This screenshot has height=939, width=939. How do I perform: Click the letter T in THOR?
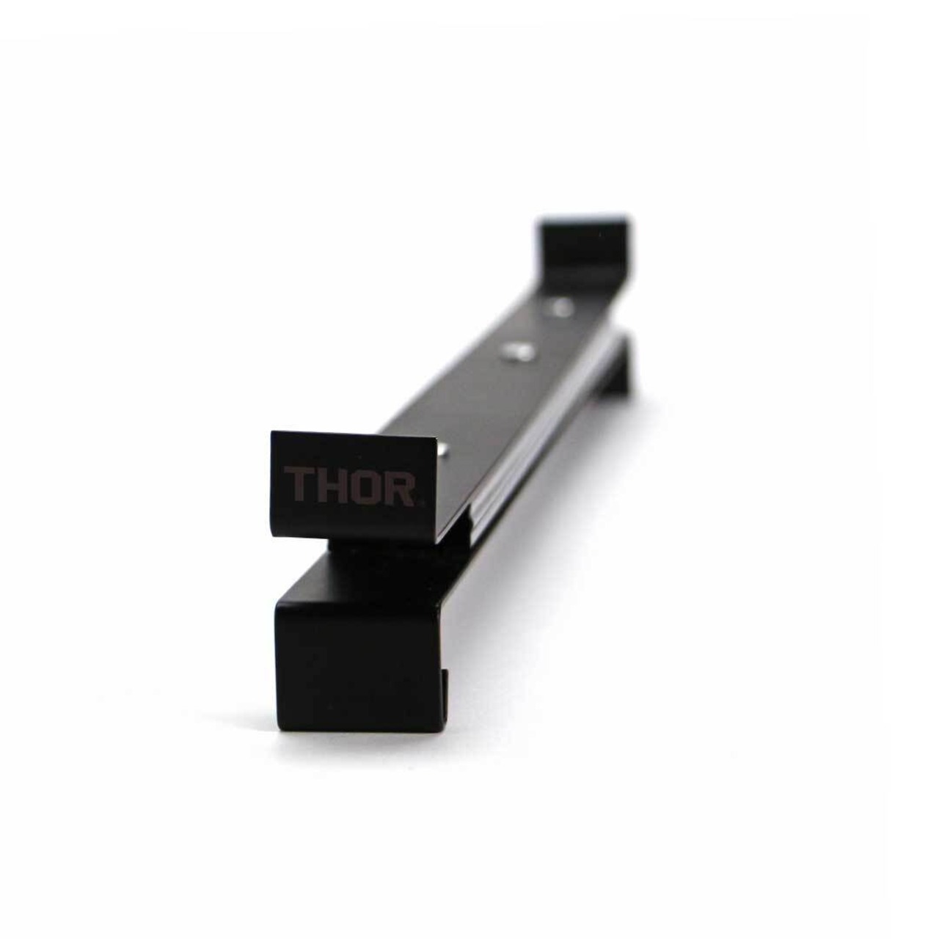pos(299,486)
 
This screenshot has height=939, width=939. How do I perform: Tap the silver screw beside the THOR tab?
pos(442,450)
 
